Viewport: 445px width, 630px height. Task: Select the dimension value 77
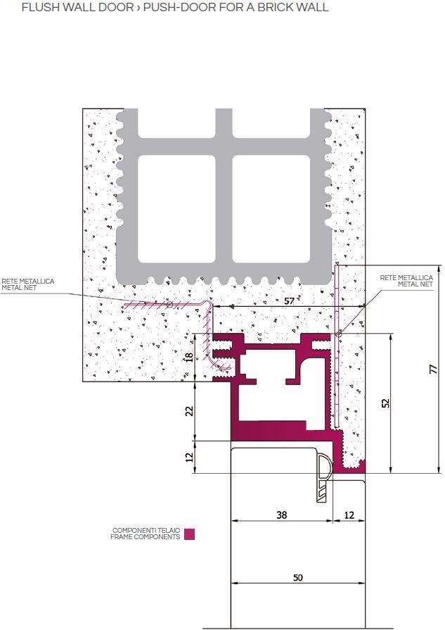[434, 368]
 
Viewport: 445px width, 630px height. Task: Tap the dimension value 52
[385, 403]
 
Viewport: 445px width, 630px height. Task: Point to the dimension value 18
[188, 356]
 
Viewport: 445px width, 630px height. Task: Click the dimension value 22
[188, 411]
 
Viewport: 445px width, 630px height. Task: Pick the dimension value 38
[281, 515]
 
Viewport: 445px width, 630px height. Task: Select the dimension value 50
[297, 577]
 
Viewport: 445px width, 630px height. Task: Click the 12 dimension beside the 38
[349, 515]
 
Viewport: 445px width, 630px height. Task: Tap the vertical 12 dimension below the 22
[188, 457]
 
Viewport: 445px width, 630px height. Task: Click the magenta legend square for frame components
[189, 534]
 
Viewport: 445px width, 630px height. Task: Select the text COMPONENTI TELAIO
[146, 531]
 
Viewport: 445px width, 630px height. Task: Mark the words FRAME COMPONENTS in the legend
[145, 537]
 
